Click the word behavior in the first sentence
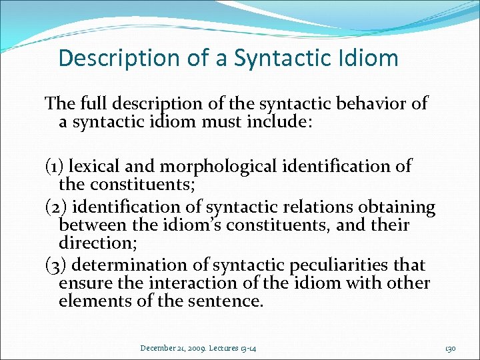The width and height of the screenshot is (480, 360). coord(366,104)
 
